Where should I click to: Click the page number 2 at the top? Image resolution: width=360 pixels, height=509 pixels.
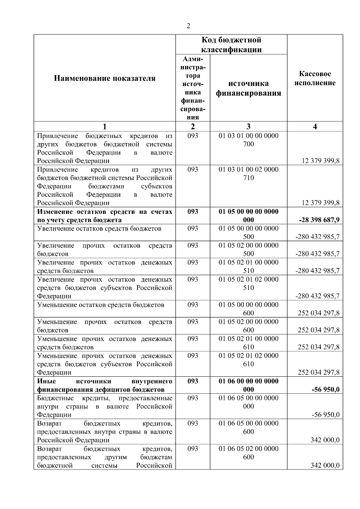pyautogui.click(x=188, y=26)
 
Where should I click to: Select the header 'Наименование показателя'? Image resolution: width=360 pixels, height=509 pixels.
pyautogui.click(x=104, y=79)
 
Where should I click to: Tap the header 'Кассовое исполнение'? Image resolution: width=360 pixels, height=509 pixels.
pyautogui.click(x=315, y=78)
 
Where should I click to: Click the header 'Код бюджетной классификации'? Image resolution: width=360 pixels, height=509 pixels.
pyautogui.click(x=231, y=45)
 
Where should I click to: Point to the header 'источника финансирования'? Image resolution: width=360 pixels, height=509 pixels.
pyautogui.click(x=248, y=88)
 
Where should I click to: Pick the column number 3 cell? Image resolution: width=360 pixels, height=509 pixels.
pyautogui.click(x=248, y=127)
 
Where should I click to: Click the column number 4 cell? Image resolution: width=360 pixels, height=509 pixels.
pyautogui.click(x=315, y=127)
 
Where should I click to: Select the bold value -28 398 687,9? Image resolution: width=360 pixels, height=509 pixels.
pyautogui.click(x=319, y=220)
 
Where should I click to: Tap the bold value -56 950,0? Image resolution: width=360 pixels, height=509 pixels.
pyautogui.click(x=325, y=390)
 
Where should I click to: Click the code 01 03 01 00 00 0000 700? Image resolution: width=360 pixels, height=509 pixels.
pyautogui.click(x=248, y=140)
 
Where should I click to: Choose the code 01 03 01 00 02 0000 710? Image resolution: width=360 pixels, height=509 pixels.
pyautogui.click(x=248, y=174)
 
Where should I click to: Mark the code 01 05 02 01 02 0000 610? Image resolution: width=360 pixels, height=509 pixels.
pyautogui.click(x=248, y=360)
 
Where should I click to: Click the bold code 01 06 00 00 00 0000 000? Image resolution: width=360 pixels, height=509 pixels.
pyautogui.click(x=248, y=385)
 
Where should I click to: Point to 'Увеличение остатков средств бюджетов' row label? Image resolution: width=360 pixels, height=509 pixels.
pyautogui.click(x=99, y=229)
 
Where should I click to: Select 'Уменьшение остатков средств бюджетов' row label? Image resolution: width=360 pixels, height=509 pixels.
pyautogui.click(x=100, y=305)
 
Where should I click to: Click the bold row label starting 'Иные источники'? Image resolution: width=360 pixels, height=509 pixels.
pyautogui.click(x=104, y=385)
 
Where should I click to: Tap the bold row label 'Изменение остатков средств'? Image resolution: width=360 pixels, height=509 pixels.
pyautogui.click(x=104, y=216)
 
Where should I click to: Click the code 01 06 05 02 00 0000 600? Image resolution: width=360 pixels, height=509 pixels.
pyautogui.click(x=248, y=453)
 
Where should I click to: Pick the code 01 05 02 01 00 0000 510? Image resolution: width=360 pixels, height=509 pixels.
pyautogui.click(x=248, y=267)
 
